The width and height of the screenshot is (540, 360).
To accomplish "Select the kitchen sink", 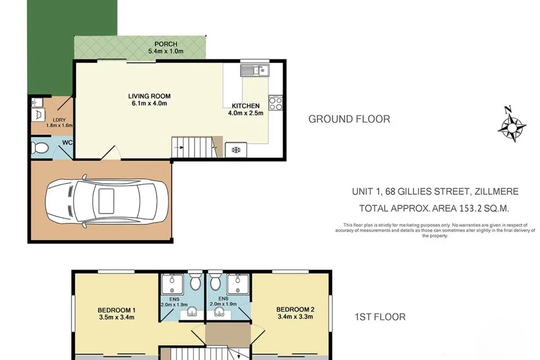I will (254, 70).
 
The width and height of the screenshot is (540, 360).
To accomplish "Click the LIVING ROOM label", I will (149, 96).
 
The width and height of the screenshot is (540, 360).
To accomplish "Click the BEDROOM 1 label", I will (117, 310).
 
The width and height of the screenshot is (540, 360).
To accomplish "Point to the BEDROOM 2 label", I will (295, 309).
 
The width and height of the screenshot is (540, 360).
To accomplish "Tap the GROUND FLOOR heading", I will (349, 119).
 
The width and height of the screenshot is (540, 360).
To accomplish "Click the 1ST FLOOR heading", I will (380, 317).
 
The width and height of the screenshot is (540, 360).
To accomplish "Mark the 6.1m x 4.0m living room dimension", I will (149, 104).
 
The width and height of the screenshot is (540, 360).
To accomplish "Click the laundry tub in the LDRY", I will (38, 115).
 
